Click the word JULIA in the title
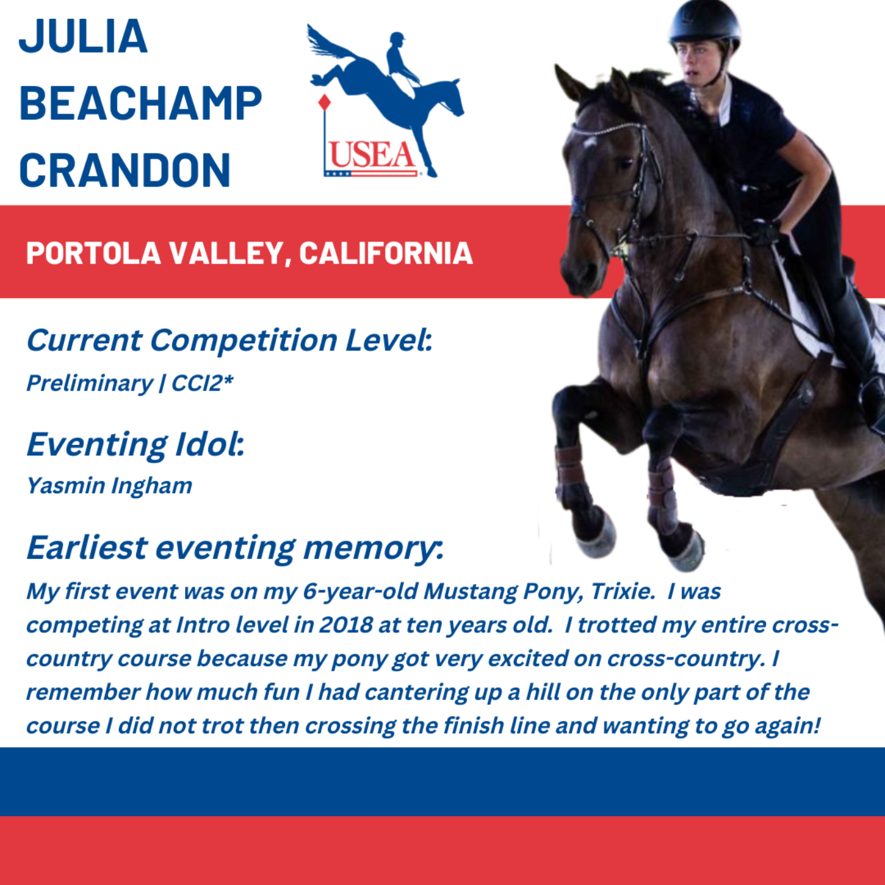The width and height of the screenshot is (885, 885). [x=83, y=36]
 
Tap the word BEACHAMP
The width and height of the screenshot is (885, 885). [x=140, y=103]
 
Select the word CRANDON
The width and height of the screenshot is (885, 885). [x=125, y=170]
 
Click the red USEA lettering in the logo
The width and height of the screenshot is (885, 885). [x=372, y=156]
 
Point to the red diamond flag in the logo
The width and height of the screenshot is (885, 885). [x=324, y=102]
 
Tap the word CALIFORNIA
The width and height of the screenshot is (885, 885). [x=386, y=253]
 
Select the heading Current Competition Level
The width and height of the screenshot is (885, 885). [x=229, y=340]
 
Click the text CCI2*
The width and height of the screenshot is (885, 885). [x=202, y=382]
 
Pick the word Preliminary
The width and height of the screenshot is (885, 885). [x=90, y=384]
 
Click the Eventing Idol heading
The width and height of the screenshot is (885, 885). [x=135, y=444]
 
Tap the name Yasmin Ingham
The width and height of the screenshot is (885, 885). [x=109, y=486]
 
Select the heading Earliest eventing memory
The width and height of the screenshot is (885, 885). [x=235, y=548]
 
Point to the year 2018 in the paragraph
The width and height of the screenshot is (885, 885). [x=345, y=625]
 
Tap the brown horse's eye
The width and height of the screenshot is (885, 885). [x=626, y=164]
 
